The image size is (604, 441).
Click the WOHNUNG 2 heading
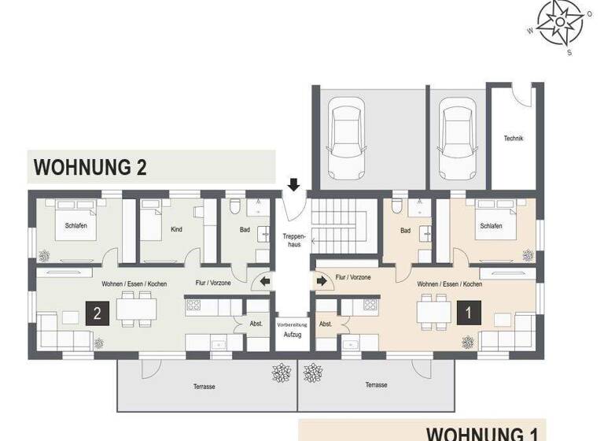[x=90, y=167]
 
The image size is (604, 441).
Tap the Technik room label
[x=514, y=139]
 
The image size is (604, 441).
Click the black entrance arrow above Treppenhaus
[x=293, y=185]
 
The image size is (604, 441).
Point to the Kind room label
[x=176, y=231]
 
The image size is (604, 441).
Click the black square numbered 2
[x=97, y=313]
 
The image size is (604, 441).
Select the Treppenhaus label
[x=293, y=239]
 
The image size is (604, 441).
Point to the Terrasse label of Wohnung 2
[x=204, y=386]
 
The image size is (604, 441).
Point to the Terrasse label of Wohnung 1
[x=376, y=385]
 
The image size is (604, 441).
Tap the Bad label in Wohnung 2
[x=245, y=230]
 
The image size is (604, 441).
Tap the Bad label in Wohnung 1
[x=405, y=231]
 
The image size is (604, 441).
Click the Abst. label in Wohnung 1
[x=326, y=324]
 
